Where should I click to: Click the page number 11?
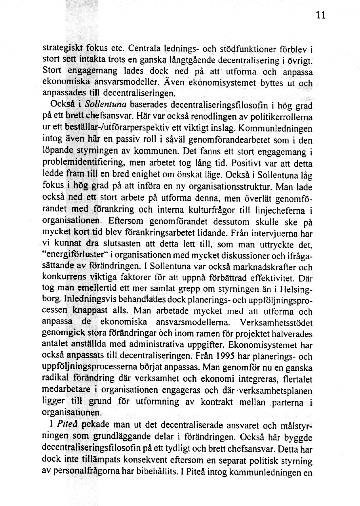321,15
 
